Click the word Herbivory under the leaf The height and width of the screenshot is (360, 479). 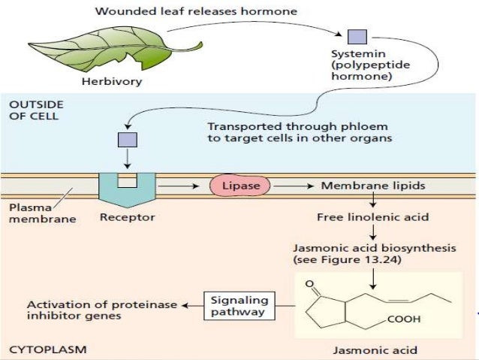(x=104, y=81)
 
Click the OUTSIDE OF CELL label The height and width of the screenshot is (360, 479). (x=35, y=110)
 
